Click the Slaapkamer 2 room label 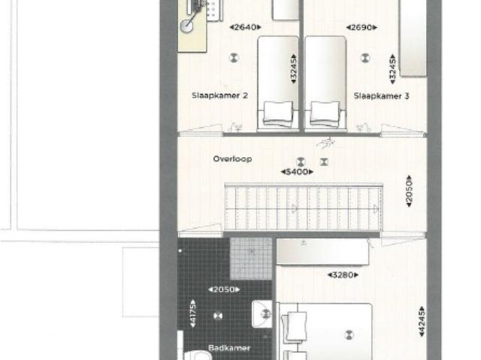219,95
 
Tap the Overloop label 231,159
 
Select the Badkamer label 230,348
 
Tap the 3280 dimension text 342,275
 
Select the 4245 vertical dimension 421,321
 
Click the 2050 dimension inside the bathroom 225,289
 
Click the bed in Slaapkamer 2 278,83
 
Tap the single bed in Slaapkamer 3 325,83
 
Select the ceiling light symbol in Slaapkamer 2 234,57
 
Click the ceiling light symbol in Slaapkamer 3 365,57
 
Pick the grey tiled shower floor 251,259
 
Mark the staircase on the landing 304,208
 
